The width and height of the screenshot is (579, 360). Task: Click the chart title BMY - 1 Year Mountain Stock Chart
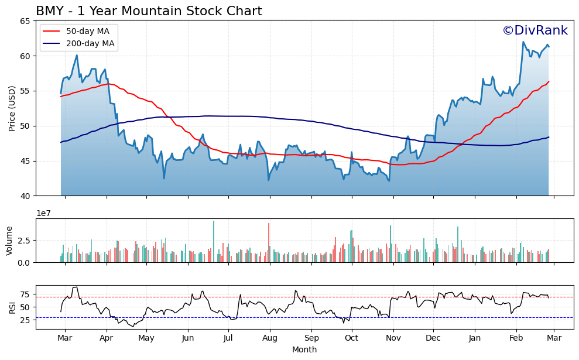(149, 11)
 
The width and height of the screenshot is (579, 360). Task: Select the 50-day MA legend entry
(87, 31)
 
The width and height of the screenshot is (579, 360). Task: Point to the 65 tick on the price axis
(25, 21)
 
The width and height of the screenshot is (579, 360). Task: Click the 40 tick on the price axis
(25, 196)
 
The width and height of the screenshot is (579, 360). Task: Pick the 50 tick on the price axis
(25, 126)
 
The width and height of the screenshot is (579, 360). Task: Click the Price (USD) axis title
(12, 108)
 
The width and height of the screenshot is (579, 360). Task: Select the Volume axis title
(9, 241)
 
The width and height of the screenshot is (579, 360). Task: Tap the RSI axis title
(12, 307)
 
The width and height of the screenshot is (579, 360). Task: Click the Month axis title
(304, 349)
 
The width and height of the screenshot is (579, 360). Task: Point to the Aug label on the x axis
(270, 338)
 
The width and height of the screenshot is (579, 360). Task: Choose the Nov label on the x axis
(393, 338)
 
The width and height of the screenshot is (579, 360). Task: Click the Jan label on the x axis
(475, 338)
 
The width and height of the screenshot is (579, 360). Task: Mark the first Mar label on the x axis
(65, 338)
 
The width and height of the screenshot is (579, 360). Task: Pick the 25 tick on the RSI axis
(25, 320)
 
